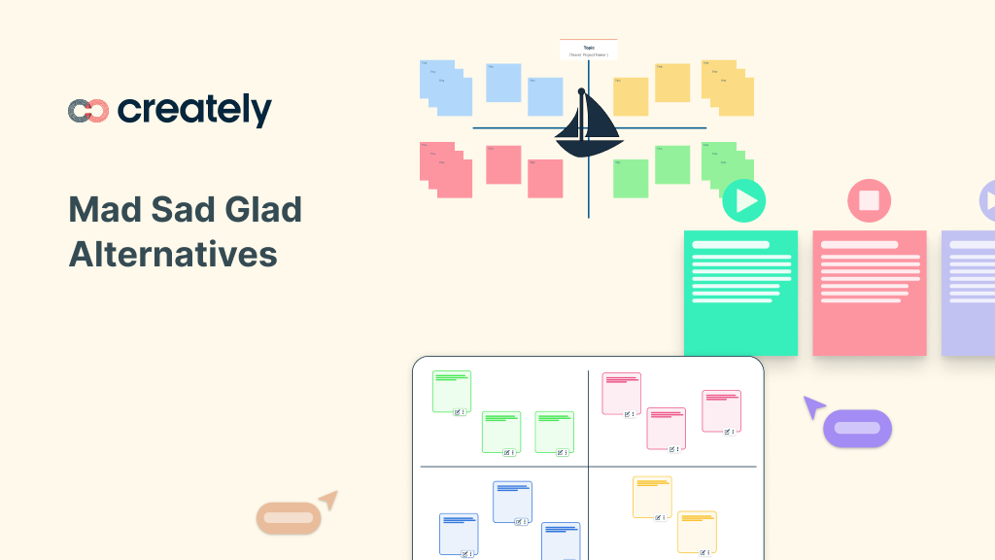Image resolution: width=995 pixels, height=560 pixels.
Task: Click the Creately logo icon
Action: (88, 111)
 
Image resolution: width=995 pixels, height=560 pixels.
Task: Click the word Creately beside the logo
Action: (194, 110)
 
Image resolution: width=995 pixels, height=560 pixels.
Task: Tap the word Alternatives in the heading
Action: (173, 254)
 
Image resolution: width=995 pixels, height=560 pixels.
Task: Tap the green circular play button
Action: (744, 201)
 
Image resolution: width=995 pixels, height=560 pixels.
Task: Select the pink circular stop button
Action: (869, 201)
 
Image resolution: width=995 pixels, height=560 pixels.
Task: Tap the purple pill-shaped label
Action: (857, 429)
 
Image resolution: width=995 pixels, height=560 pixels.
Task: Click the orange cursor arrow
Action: (328, 500)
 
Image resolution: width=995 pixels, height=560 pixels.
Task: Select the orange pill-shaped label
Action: (289, 518)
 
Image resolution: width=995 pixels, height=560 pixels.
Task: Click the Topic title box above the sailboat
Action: (589, 51)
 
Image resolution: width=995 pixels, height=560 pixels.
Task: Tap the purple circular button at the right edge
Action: (987, 201)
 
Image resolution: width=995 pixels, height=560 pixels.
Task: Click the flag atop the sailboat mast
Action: (582, 91)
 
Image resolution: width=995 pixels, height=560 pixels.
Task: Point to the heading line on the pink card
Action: (859, 245)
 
